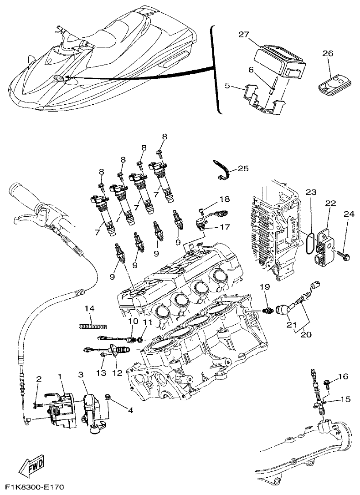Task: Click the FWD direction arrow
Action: pyautogui.click(x=31, y=464)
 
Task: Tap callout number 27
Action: pyautogui.click(x=244, y=34)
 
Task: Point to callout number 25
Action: pyautogui.click(x=243, y=168)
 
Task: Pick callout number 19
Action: pyautogui.click(x=265, y=287)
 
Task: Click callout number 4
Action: pyautogui.click(x=130, y=410)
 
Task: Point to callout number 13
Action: pyautogui.click(x=101, y=373)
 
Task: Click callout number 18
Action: pyautogui.click(x=225, y=199)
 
